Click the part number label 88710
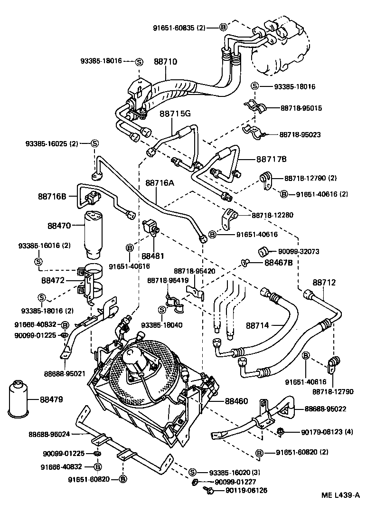(x=165, y=62)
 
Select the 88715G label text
(x=175, y=114)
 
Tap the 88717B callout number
(x=272, y=159)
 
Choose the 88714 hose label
(x=257, y=325)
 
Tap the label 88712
(x=324, y=283)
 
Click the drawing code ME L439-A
(x=340, y=495)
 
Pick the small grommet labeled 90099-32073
(x=264, y=251)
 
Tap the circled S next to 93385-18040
(x=161, y=310)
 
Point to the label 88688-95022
(x=326, y=408)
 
